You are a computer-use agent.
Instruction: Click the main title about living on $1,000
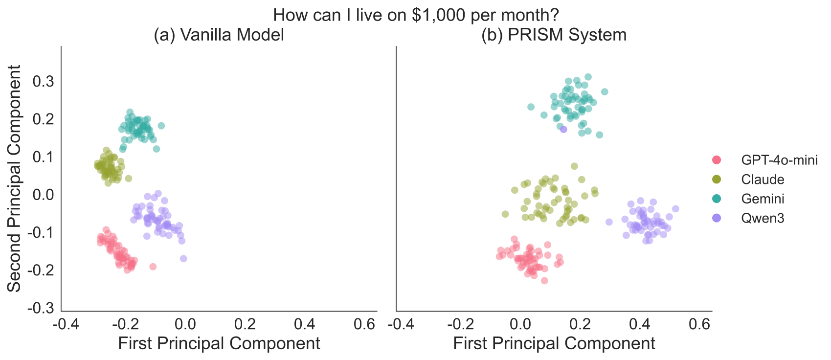click(x=416, y=15)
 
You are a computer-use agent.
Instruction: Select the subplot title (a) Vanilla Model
click(x=219, y=35)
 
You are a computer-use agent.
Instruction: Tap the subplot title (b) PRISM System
click(x=554, y=35)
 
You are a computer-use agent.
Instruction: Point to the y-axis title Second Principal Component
click(x=15, y=179)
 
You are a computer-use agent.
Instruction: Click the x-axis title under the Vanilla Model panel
click(x=219, y=343)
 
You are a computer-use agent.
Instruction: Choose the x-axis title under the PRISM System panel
click(x=554, y=343)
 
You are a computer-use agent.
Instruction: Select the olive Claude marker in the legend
click(x=717, y=180)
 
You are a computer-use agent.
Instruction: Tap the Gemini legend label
click(x=763, y=199)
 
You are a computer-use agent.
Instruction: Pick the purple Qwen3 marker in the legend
click(x=717, y=218)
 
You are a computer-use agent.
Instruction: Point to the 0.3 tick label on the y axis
click(x=43, y=81)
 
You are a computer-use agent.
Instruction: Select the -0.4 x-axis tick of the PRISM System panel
click(x=400, y=324)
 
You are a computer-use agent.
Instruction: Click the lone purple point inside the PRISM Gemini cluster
click(x=563, y=129)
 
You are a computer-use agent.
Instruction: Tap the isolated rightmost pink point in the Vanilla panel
click(x=153, y=267)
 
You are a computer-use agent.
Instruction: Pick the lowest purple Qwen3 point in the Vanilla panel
click(x=183, y=258)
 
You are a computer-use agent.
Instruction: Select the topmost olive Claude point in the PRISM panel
click(x=574, y=166)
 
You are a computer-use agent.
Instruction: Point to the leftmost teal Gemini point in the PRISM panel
click(x=531, y=107)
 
